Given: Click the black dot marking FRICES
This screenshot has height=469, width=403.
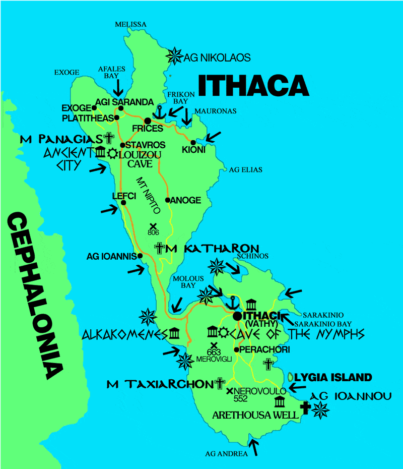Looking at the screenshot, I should tap(148, 121).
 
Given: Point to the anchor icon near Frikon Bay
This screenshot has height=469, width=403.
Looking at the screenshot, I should tap(160, 111).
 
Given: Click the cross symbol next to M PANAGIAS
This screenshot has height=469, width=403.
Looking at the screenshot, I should tap(109, 138).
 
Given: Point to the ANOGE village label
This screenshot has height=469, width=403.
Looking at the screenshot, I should tap(186, 200).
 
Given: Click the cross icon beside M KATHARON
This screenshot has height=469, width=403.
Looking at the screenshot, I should tap(160, 248).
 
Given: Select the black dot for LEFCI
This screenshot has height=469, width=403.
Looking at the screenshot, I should tap(122, 203).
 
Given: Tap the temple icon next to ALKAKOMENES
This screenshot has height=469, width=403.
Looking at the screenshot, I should tap(175, 333).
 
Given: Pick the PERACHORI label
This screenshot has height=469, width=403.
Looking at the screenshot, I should tap(258, 349).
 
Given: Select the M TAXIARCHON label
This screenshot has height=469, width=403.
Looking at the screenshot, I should tap(160, 384).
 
